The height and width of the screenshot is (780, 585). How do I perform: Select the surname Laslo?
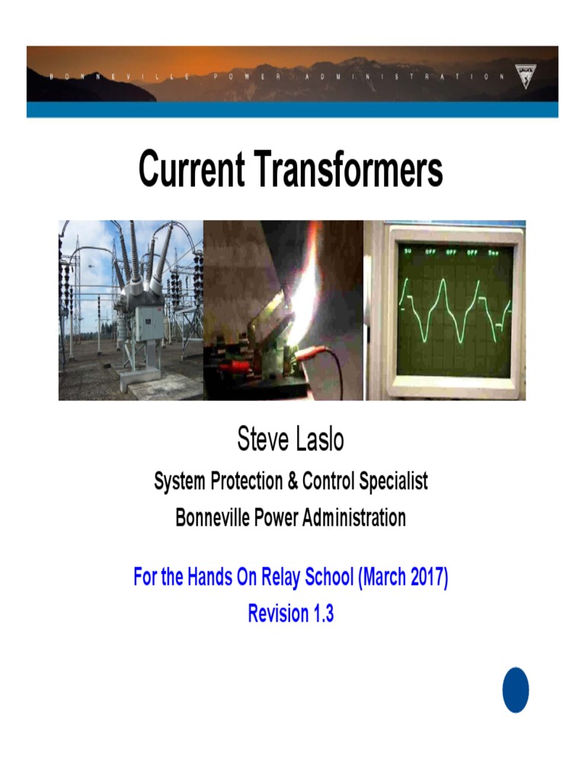tap(321, 440)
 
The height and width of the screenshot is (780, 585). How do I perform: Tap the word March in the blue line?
tap(384, 577)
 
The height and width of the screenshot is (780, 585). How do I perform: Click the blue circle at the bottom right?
tap(516, 690)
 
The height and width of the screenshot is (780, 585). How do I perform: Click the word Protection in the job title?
tap(245, 481)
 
